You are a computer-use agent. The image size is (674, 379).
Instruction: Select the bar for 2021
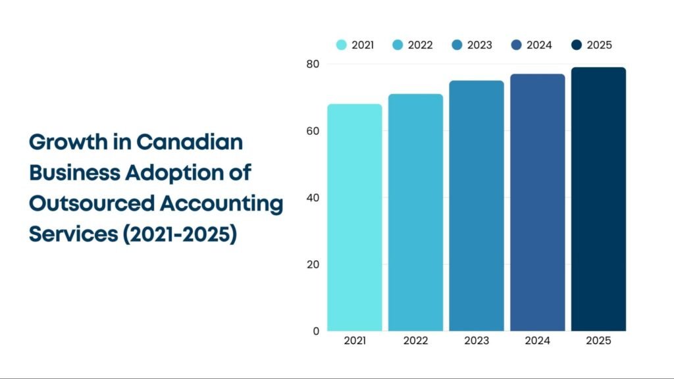[x=354, y=217]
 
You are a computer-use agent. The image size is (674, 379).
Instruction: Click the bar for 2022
[x=415, y=212]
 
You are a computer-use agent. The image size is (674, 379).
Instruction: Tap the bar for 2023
[x=477, y=205]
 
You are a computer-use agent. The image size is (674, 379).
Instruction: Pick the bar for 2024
[x=538, y=202]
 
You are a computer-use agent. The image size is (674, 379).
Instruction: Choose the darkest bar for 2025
[x=598, y=199]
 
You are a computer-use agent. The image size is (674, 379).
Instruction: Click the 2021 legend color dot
[x=342, y=45]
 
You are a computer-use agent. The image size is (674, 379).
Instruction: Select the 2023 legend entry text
[x=479, y=45]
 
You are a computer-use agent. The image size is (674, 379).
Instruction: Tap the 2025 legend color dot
[x=577, y=45]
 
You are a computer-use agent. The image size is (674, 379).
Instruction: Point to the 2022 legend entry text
[x=420, y=45]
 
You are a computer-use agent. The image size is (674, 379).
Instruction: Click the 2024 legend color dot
[x=517, y=45]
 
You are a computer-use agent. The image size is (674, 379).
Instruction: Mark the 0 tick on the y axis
[x=316, y=331]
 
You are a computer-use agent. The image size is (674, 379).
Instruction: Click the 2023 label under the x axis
[x=477, y=341]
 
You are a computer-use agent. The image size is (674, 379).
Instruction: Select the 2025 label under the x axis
[x=598, y=341]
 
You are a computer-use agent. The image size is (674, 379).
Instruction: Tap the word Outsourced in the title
[x=91, y=203]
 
